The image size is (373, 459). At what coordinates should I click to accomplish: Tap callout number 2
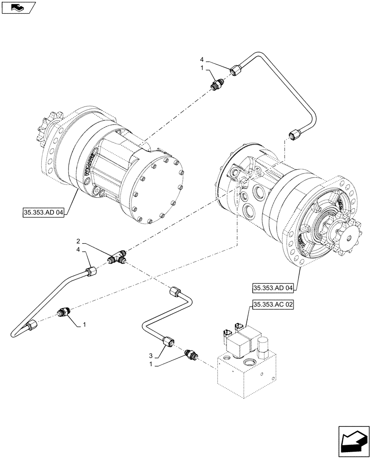[x=79, y=241]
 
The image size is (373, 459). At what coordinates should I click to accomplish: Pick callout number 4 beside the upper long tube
[x=201, y=60]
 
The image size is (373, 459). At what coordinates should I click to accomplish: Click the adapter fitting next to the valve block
[x=190, y=354]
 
